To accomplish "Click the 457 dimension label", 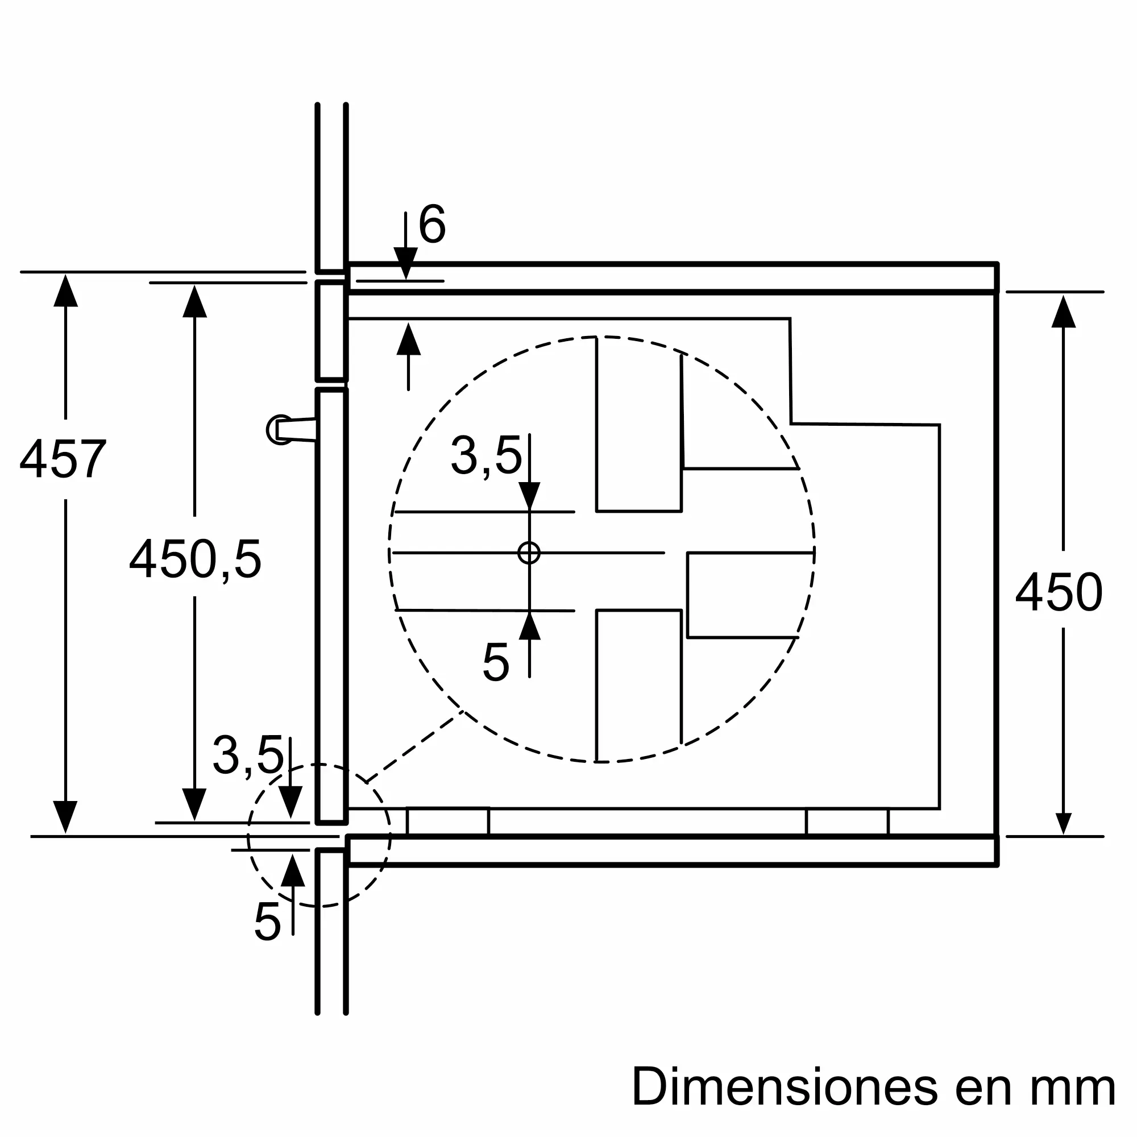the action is coord(63,459).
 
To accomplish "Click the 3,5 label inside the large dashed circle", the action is coord(486,455).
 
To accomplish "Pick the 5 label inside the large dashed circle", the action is coord(496,663).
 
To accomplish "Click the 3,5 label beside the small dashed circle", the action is coord(248,755).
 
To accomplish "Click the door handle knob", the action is coord(280,430).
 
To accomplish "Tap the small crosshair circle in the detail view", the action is coord(529,553).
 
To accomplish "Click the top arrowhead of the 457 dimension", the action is coord(65,290).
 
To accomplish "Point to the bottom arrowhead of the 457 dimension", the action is coord(65,817).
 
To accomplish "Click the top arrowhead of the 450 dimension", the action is coord(1063,312).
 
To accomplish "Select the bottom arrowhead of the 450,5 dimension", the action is coord(194,804).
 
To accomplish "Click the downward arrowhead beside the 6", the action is coord(405,263).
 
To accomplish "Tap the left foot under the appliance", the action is coord(448,821).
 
